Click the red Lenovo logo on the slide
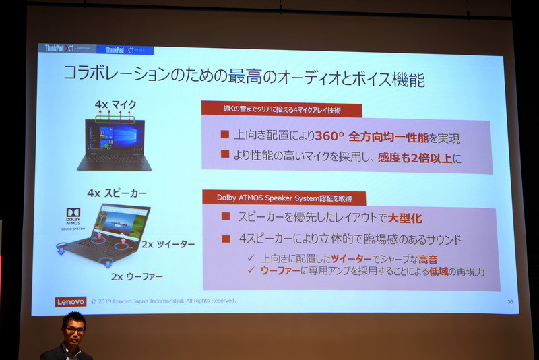71,302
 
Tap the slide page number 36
510,302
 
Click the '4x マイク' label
115,104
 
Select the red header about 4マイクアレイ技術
283,109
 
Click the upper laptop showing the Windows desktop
115,142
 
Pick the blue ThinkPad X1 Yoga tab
125,49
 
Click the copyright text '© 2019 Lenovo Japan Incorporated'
163,301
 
